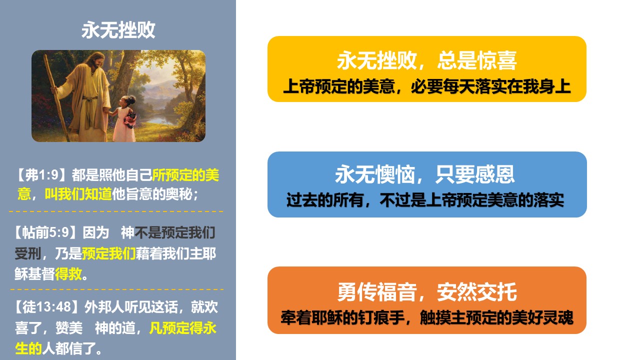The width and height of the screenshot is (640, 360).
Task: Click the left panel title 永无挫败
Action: pyautogui.click(x=118, y=30)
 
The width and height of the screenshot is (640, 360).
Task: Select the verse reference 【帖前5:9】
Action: pyautogui.click(x=45, y=232)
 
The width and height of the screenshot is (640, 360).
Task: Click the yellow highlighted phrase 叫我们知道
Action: pyautogui.click(x=78, y=194)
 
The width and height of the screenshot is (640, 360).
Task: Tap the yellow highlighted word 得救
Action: pyautogui.click(x=68, y=274)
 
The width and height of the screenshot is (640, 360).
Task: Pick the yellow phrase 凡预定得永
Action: pyautogui.click(x=182, y=327)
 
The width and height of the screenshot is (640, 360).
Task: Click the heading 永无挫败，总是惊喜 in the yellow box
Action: pyautogui.click(x=427, y=60)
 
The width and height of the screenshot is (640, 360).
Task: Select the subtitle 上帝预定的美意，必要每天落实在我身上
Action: pyautogui.click(x=427, y=86)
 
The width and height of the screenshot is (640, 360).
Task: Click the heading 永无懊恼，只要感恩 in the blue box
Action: pyautogui.click(x=425, y=174)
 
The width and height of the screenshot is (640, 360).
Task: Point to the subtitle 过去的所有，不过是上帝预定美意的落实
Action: pyautogui.click(x=425, y=199)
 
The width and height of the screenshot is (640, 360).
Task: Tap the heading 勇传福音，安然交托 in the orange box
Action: pyautogui.click(x=427, y=292)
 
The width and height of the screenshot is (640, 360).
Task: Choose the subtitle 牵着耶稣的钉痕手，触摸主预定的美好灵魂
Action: pyautogui.click(x=427, y=317)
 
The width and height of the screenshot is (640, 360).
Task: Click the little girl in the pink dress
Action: pyautogui.click(x=125, y=119)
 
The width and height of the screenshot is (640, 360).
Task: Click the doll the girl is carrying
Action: pyautogui.click(x=130, y=120)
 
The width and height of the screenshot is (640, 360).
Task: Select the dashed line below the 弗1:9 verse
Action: pyautogui.click(x=116, y=211)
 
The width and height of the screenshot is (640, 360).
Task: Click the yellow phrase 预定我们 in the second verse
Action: pyautogui.click(x=108, y=253)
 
